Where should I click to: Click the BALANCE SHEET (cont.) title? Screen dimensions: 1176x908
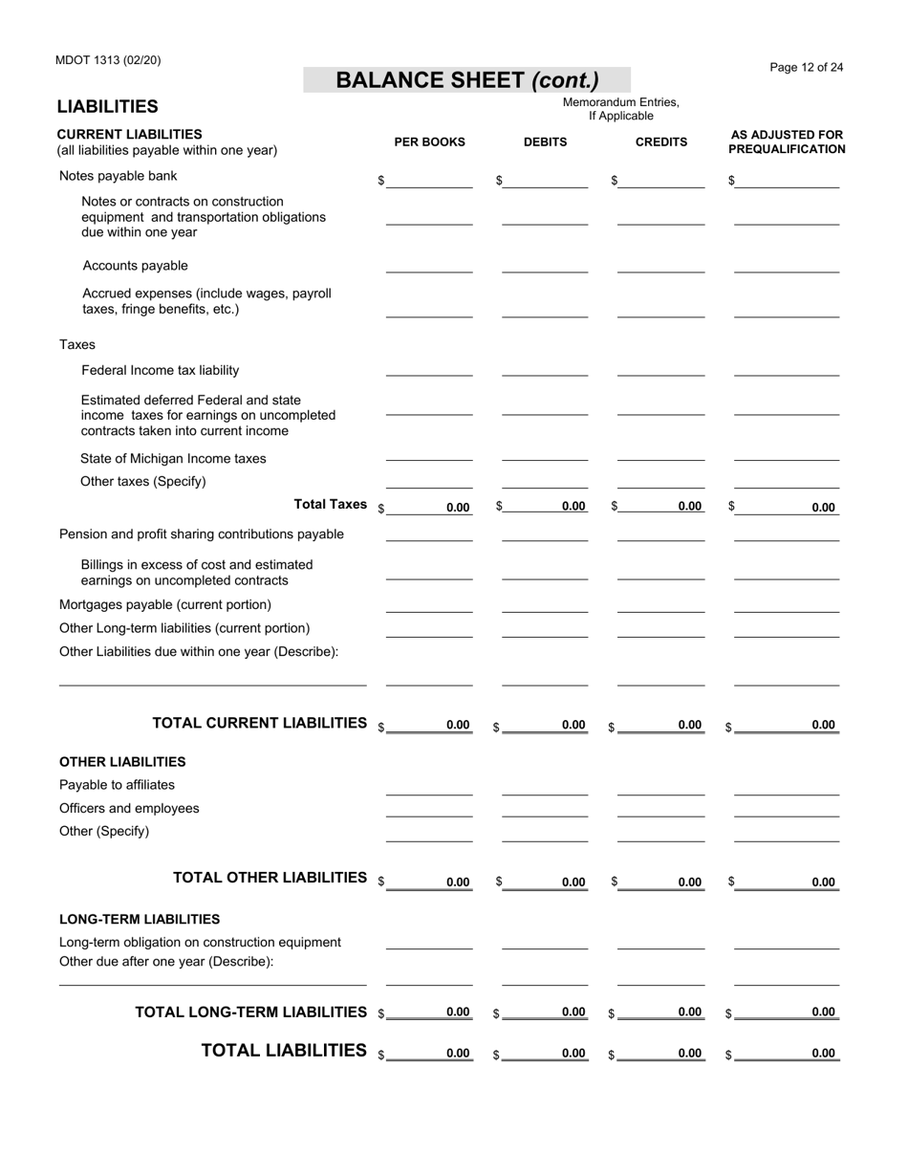[466, 80]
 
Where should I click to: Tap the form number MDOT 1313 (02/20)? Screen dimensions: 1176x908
[108, 60]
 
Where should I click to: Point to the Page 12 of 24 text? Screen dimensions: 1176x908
[806, 67]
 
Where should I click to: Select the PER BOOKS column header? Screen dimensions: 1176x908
[429, 142]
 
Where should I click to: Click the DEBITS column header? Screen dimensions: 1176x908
[545, 142]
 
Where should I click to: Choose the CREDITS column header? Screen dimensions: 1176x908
[661, 142]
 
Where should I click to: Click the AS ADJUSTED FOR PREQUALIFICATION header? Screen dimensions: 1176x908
[786, 142]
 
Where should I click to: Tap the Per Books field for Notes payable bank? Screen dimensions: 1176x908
[429, 181]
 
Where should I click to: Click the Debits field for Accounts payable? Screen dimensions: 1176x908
[545, 266]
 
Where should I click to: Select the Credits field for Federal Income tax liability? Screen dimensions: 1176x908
[661, 370]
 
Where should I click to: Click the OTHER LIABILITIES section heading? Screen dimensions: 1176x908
[122, 762]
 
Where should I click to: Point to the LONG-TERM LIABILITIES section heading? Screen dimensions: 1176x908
[140, 919]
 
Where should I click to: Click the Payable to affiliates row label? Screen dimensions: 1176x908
[117, 785]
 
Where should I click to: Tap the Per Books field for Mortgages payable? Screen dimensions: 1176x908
[429, 605]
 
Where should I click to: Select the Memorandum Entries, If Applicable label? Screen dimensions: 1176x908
[620, 109]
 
